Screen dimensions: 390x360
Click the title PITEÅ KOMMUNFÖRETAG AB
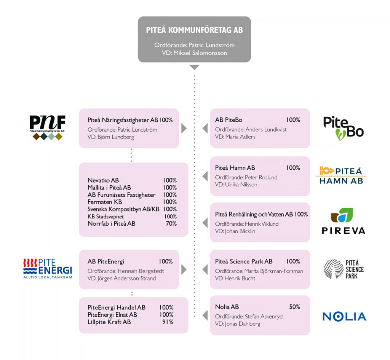(x=194, y=30)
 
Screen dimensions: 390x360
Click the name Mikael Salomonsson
(x=200, y=53)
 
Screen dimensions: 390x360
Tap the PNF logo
(x=48, y=127)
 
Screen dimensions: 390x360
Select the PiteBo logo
(x=343, y=128)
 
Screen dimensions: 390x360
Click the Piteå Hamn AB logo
(x=341, y=175)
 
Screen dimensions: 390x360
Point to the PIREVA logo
(x=344, y=221)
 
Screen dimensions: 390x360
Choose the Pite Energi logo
(x=48, y=269)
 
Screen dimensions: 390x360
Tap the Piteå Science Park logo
(x=344, y=269)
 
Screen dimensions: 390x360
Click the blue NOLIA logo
(x=344, y=317)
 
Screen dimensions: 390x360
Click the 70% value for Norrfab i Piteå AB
(x=171, y=224)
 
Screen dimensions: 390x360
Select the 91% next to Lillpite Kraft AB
(x=168, y=322)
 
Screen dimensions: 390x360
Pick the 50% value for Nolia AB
(x=295, y=307)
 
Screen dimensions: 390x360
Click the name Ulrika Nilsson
(x=241, y=185)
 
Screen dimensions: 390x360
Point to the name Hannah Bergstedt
(x=141, y=271)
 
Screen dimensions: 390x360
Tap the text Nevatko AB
(x=103, y=180)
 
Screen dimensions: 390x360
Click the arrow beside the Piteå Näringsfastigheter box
(x=184, y=129)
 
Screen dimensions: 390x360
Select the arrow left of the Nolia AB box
(x=205, y=315)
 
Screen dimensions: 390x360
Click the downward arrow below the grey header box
(x=195, y=67)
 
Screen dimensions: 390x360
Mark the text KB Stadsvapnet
(x=106, y=217)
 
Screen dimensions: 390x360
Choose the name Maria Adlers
(x=240, y=137)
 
